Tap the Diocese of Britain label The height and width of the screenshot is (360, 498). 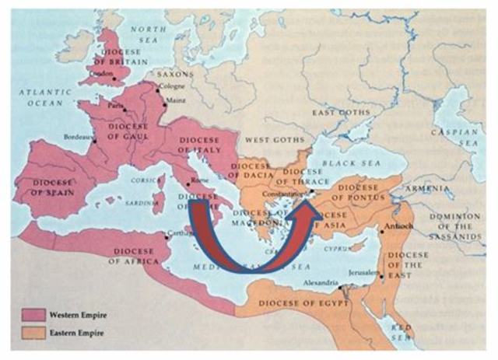click(118, 55)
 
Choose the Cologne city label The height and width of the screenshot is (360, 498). click(172, 86)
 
